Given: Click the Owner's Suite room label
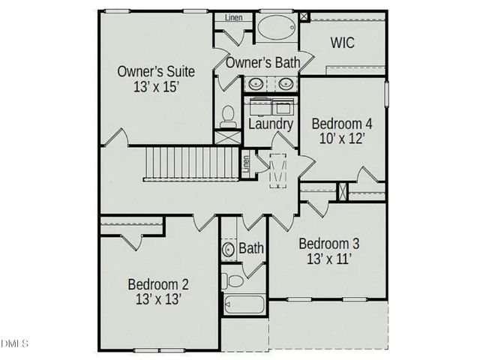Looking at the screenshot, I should click(x=156, y=71).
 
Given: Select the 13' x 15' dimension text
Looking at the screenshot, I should click(x=156, y=87).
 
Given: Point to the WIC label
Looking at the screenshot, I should click(x=343, y=43).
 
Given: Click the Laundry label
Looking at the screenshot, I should click(x=270, y=123).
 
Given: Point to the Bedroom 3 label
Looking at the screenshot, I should click(x=328, y=244).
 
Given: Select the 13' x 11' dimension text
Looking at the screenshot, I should click(x=328, y=259).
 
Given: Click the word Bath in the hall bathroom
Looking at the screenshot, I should click(x=251, y=248).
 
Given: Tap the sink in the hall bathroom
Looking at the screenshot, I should click(x=229, y=249).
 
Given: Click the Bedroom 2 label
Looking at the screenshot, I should click(x=157, y=284).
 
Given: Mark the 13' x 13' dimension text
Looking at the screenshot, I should click(x=157, y=300).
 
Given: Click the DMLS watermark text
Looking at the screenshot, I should click(x=14, y=343).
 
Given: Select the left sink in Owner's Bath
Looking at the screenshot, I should click(x=256, y=84).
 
